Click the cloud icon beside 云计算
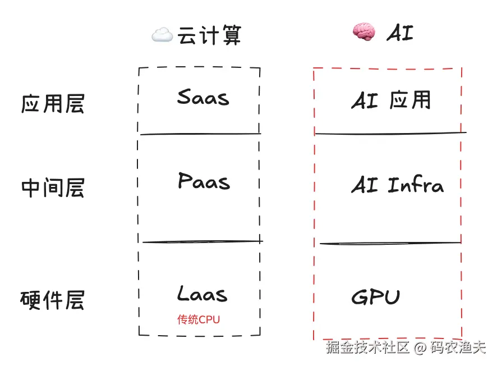pyautogui.click(x=162, y=36)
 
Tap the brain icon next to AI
pyautogui.click(x=362, y=33)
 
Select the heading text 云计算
pyautogui.click(x=209, y=36)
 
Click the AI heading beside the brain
pyautogui.click(x=399, y=34)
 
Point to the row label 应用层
pyautogui.click(x=52, y=104)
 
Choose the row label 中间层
pyautogui.click(x=52, y=187)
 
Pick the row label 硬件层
pyautogui.click(x=52, y=300)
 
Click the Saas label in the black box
pyautogui.click(x=203, y=98)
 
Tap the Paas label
pyautogui.click(x=204, y=181)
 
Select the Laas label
pyautogui.click(x=203, y=294)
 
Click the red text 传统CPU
pyautogui.click(x=199, y=320)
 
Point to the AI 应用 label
pyautogui.click(x=391, y=100)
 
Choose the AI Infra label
pyautogui.click(x=397, y=185)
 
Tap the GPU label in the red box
pyautogui.click(x=375, y=297)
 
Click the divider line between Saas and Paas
pyautogui.click(x=200, y=134)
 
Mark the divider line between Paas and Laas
pyautogui.click(x=202, y=242)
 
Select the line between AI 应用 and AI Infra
pyautogui.click(x=390, y=134)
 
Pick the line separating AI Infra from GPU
pyautogui.click(x=390, y=244)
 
